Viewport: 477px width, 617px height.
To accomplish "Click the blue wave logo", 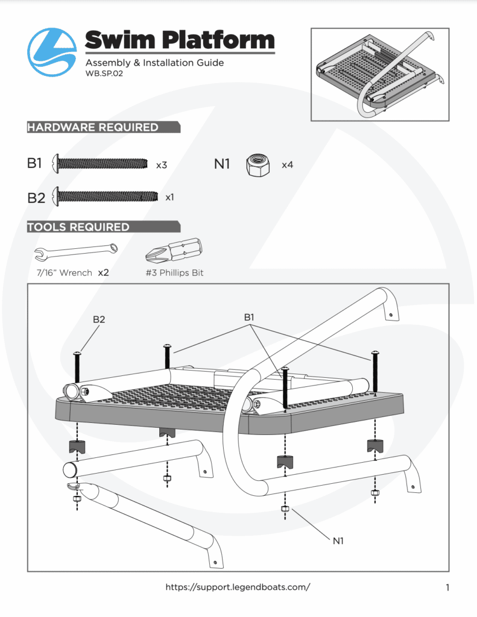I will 52,52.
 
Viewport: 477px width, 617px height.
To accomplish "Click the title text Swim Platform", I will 180,41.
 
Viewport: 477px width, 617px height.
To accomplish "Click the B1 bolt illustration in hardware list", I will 101,163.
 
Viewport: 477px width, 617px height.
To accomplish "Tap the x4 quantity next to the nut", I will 288,164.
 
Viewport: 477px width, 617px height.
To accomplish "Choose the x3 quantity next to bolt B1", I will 162,164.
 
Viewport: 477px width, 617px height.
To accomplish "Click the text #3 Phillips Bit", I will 174,273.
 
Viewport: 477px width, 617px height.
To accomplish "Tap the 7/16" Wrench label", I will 64,273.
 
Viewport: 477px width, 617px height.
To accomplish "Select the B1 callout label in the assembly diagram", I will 250,317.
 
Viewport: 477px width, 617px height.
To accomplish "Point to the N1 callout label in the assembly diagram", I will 338,541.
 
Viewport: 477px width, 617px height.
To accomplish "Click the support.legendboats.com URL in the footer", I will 238,587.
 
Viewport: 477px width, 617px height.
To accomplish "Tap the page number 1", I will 447,587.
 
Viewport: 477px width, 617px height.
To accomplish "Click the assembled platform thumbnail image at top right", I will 379,74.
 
